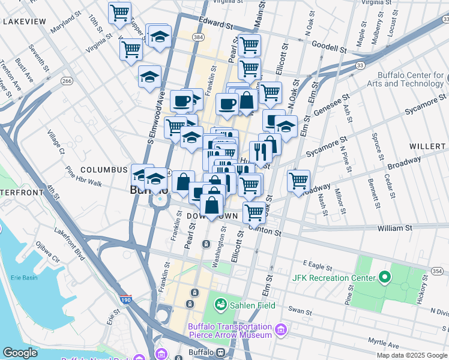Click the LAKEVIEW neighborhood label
tap(24, 22)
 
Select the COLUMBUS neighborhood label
tap(104, 170)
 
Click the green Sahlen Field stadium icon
tap(220, 305)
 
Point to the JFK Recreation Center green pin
tap(384, 278)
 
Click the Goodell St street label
tap(325, 47)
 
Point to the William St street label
tap(394, 228)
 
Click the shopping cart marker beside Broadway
tap(298, 180)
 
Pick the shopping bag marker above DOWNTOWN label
tap(212, 205)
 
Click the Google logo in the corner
tap(20, 353)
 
